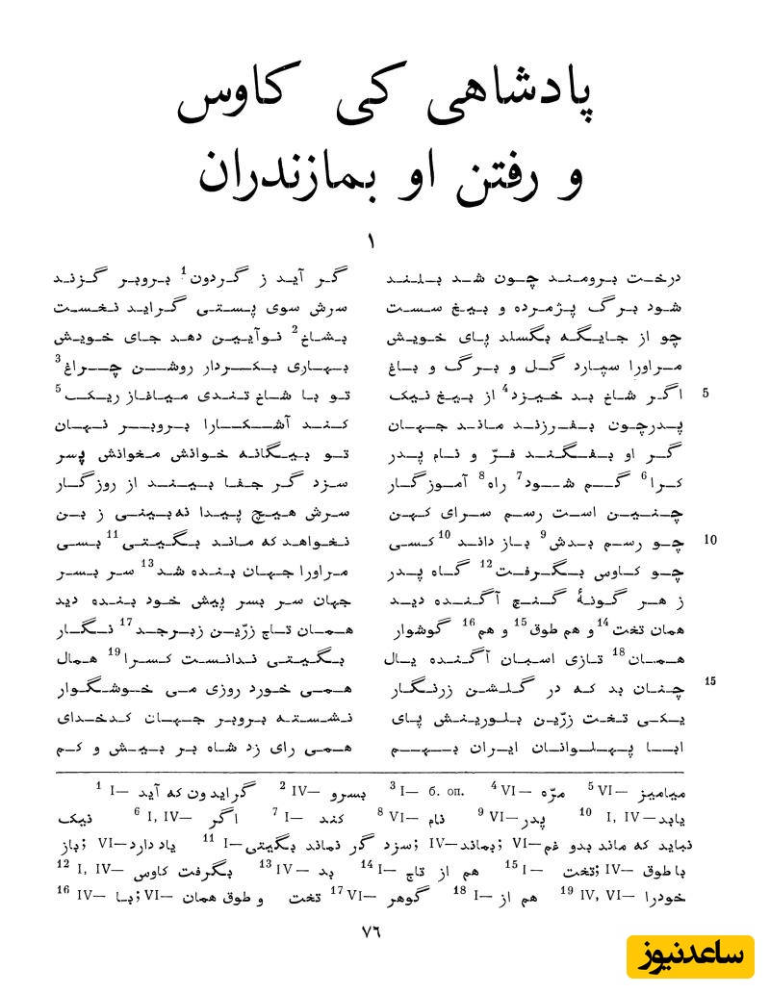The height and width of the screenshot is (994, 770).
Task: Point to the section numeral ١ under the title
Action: [x=371, y=237]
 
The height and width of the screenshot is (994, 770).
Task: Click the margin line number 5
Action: [x=706, y=395]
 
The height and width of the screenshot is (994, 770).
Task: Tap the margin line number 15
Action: [x=711, y=681]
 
